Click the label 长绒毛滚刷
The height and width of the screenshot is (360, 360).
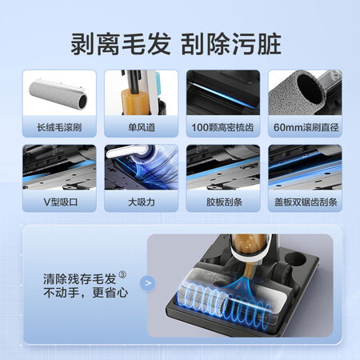[x=59, y=127]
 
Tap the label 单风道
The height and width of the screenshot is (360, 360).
[x=142, y=127]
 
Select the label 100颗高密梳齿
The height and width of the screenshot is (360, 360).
[x=222, y=127]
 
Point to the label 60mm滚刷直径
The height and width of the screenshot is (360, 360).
[x=306, y=127]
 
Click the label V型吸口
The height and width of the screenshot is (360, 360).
[x=61, y=202]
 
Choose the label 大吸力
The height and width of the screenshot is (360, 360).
[x=142, y=202]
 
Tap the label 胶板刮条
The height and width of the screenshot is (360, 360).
[x=224, y=202]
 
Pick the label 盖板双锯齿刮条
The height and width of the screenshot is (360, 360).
[x=306, y=202]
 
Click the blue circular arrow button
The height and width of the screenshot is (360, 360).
[x=147, y=283]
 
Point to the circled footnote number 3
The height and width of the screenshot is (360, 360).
[x=122, y=274]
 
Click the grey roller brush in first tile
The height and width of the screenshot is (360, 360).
[x=58, y=95]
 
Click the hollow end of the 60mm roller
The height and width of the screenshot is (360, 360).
[x=311, y=88]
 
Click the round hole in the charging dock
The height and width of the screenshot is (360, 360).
[x=295, y=258]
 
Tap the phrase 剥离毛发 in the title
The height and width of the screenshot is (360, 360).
[x=120, y=44]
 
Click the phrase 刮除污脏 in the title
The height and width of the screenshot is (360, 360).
[x=231, y=44]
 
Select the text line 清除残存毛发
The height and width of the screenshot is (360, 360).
[x=79, y=279]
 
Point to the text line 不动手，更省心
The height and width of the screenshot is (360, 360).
[x=86, y=293]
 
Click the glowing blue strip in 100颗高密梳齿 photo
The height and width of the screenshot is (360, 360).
[x=222, y=96]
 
